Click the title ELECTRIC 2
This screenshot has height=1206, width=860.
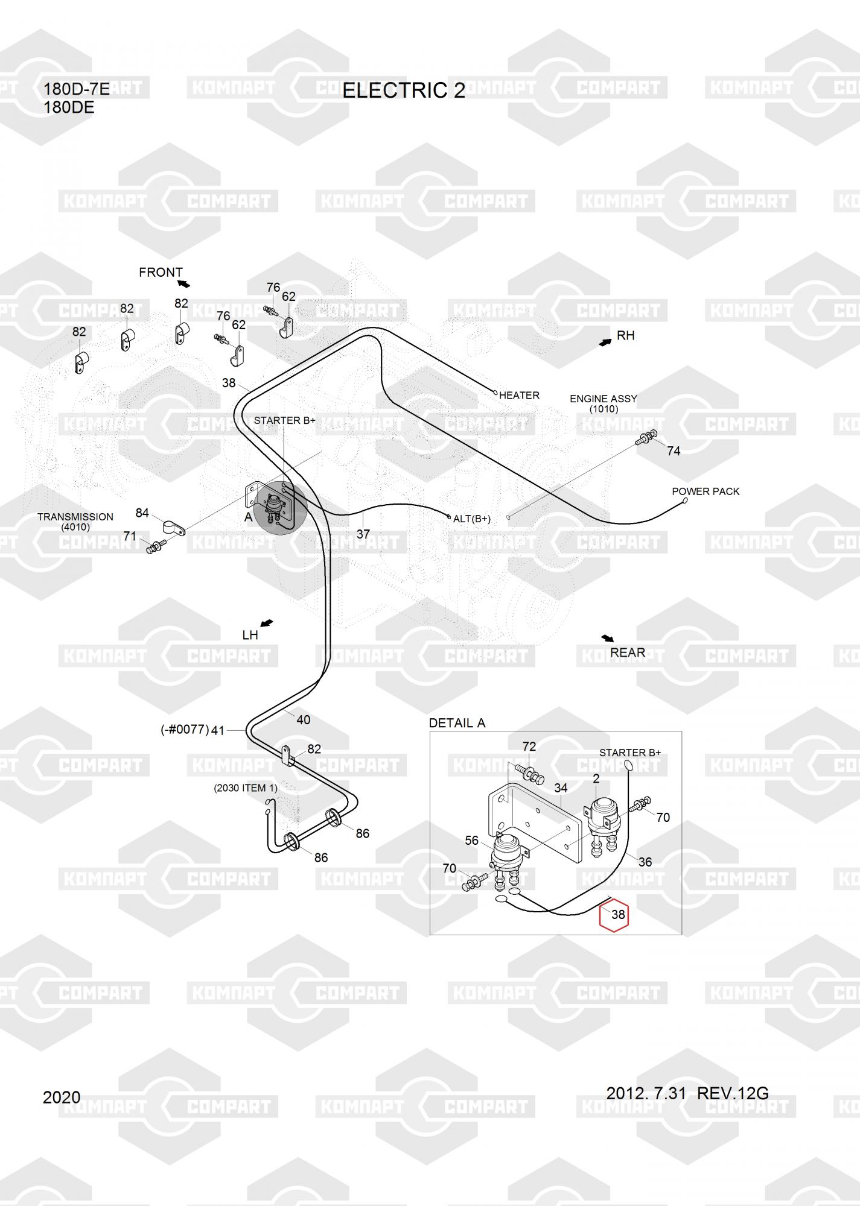[x=404, y=90]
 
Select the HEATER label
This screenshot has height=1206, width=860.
[x=519, y=396]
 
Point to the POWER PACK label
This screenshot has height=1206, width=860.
[x=706, y=491]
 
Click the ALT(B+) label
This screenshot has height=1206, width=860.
[x=472, y=519]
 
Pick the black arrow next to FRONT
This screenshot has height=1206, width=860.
[x=183, y=283]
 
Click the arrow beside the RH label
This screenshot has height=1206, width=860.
[x=605, y=342]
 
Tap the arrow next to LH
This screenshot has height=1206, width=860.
[x=266, y=623]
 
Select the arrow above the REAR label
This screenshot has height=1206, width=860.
[x=607, y=639]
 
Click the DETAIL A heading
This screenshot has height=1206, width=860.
[x=457, y=723]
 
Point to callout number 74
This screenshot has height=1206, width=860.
[x=674, y=451]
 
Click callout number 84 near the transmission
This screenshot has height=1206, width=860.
[x=142, y=513]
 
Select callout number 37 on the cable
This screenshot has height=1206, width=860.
[x=363, y=534]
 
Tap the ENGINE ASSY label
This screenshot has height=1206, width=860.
[x=603, y=399]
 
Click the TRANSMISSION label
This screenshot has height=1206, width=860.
[x=75, y=517]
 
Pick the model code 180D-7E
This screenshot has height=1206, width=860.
[x=77, y=90]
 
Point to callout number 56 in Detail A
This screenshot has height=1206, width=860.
[x=471, y=841]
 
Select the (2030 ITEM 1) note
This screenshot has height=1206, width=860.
[x=246, y=788]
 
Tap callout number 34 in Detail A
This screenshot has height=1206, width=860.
[x=561, y=788]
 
